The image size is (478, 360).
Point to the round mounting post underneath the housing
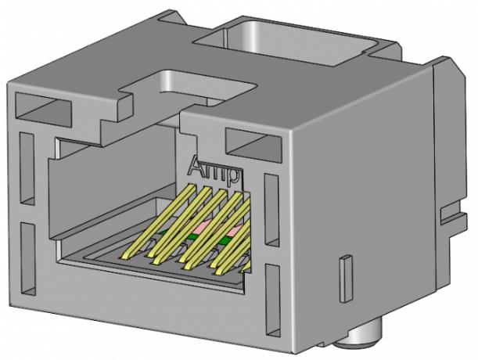pyautogui.click(x=365, y=337)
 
